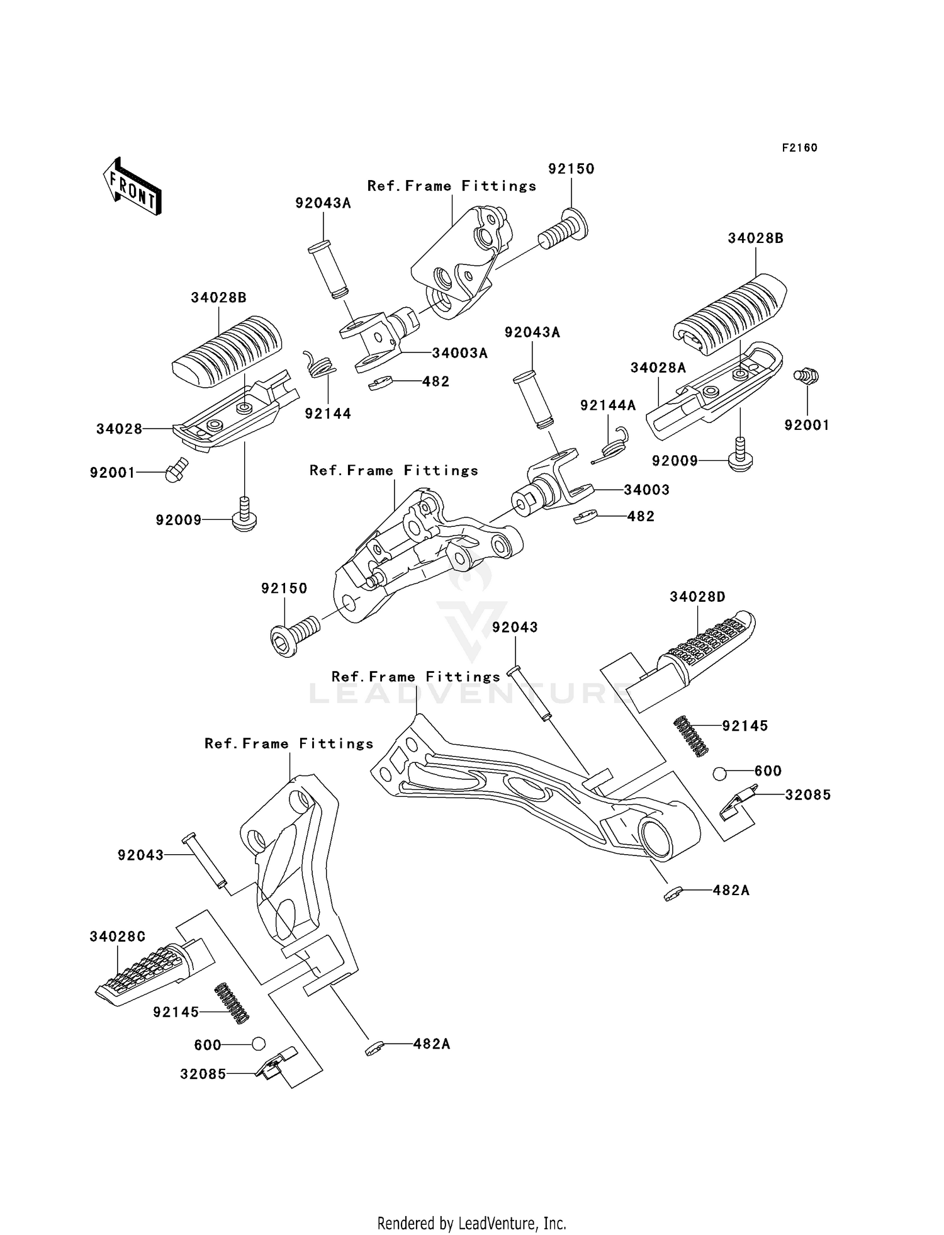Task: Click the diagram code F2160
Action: click(799, 148)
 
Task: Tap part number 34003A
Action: click(459, 353)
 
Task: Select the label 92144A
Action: click(607, 405)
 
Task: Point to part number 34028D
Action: click(697, 597)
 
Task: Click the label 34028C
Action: click(117, 937)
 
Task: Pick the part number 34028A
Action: click(658, 368)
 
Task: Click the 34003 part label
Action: click(646, 490)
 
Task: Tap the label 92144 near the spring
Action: click(328, 414)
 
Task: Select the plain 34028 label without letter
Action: click(119, 429)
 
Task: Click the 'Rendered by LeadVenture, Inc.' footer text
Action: click(471, 1224)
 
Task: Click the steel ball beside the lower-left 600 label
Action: click(258, 1044)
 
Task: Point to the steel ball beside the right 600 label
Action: click(720, 774)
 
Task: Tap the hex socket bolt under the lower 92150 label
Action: click(293, 635)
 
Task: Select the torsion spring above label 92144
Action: click(320, 364)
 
